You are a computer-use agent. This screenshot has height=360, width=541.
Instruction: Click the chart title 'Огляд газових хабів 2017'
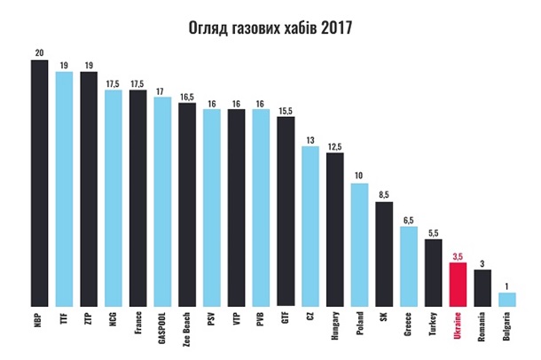point(270,27)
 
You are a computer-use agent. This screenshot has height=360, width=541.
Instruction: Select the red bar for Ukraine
point(458,283)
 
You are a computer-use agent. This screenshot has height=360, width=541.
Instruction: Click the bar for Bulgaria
point(507,299)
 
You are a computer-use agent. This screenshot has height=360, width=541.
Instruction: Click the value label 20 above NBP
point(39,52)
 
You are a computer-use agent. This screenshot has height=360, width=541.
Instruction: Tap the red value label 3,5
point(458,254)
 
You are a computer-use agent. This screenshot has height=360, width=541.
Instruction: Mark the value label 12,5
point(334,146)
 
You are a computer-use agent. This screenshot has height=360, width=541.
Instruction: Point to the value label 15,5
point(286,109)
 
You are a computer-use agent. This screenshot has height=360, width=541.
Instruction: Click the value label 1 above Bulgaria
point(507,286)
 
